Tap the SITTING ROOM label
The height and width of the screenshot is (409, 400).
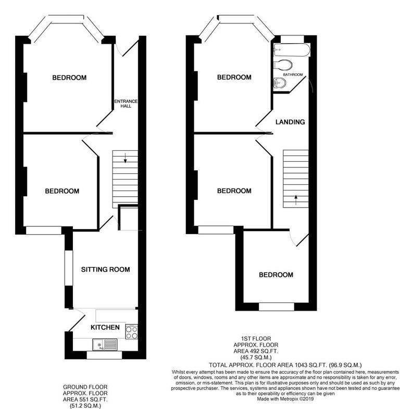click(105, 270)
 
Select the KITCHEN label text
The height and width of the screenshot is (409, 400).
click(105, 327)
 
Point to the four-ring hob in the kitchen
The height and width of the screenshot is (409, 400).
click(131, 332)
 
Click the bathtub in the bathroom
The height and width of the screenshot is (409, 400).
click(291, 50)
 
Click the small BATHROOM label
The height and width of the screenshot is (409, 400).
click(293, 75)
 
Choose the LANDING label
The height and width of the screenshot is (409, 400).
click(290, 122)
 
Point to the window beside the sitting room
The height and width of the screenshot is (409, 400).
click(67, 268)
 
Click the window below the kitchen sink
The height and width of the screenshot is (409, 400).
click(104, 356)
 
